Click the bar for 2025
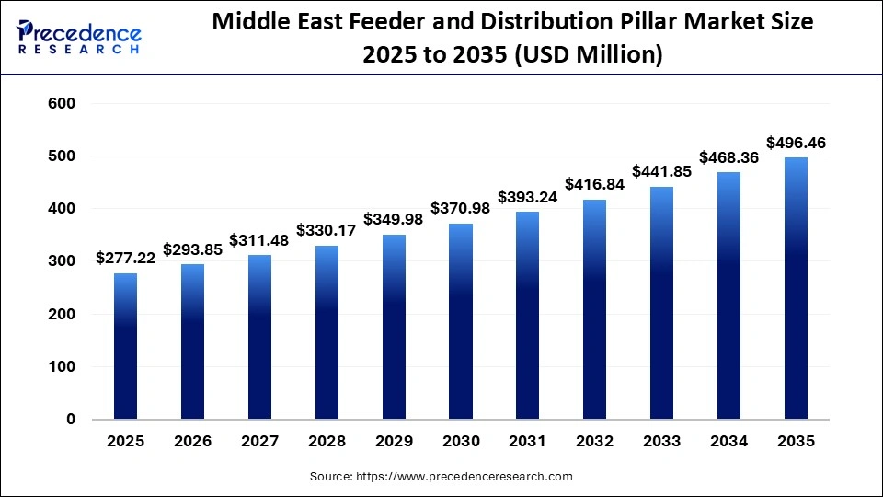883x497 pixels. (126, 346)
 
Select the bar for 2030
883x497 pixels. (461, 321)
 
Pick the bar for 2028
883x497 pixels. (327, 332)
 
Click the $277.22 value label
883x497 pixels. (126, 259)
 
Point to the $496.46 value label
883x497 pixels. (796, 143)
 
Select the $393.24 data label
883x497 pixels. (528, 197)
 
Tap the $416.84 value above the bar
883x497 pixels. (595, 184)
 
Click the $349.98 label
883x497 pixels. (394, 219)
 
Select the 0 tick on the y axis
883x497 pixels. (70, 420)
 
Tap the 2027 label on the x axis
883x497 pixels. (260, 442)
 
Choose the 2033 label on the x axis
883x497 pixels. (661, 442)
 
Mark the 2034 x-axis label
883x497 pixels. (728, 442)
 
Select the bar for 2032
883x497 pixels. (595, 309)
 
